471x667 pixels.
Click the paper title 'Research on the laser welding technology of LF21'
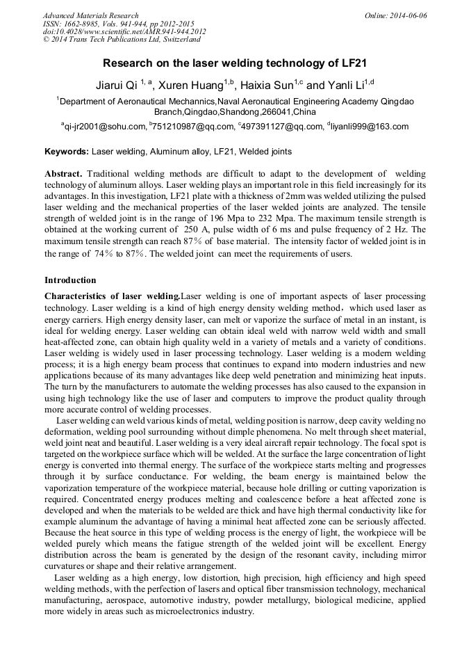pos(235,63)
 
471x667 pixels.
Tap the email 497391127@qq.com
pos(282,127)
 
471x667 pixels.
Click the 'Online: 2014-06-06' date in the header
pos(395,15)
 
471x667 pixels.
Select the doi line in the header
pos(124,31)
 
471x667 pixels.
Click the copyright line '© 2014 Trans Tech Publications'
pos(122,40)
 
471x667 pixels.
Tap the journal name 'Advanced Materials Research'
pos(90,15)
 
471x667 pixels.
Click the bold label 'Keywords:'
pos(67,152)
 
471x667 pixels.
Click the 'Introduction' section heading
pos(70,280)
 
